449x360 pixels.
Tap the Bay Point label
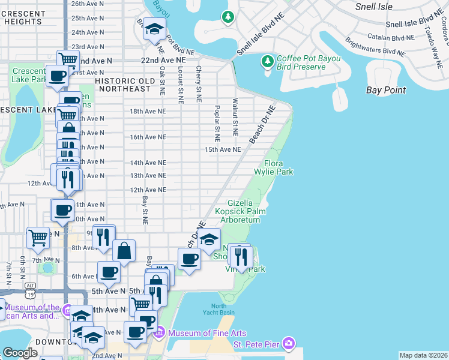pos(386,91)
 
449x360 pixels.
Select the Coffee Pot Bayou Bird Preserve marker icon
pos(268,62)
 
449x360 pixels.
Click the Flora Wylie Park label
pos(279,168)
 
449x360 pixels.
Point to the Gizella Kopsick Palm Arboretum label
pos(246,212)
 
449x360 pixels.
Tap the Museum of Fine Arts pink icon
pos(160,333)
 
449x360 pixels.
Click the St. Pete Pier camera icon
pos(289,344)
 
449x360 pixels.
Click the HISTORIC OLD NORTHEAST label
pos(123,85)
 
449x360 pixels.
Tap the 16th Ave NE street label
pos(148,137)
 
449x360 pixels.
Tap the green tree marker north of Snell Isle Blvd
pos(228,17)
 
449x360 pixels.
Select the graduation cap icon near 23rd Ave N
pos(154,29)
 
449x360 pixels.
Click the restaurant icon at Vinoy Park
pos(241,257)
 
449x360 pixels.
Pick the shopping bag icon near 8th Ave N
pos(124,251)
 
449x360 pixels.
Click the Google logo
pos(20,353)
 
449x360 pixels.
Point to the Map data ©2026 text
pos(423,355)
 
